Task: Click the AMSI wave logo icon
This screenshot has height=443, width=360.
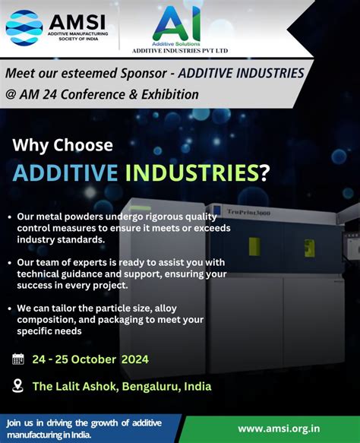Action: [24, 27]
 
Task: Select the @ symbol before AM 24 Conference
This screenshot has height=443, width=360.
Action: [11, 95]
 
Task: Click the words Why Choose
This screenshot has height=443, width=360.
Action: [62, 144]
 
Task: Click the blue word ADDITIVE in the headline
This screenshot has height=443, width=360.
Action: [65, 172]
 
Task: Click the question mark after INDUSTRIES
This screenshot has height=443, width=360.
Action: [264, 172]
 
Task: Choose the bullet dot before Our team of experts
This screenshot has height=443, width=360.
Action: [20, 262]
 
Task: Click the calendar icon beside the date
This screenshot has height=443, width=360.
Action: [18, 359]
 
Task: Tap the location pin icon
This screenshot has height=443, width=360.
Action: [18, 386]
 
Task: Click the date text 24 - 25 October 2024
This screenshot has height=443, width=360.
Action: [90, 359]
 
